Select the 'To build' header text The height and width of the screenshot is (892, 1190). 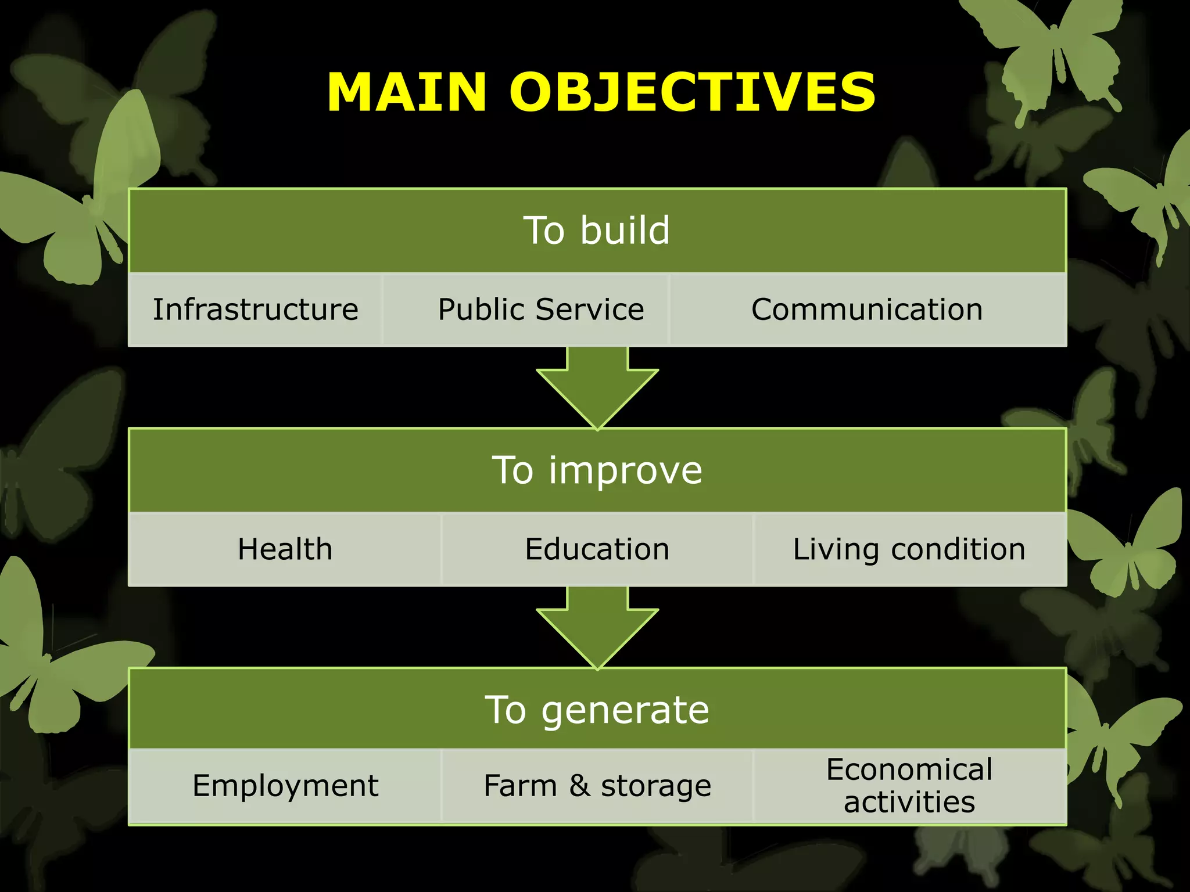click(x=597, y=230)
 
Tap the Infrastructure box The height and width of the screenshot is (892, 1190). click(x=256, y=310)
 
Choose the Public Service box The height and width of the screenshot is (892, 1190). click(x=541, y=310)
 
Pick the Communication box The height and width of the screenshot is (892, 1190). click(x=867, y=310)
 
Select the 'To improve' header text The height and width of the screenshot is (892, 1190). click(x=597, y=470)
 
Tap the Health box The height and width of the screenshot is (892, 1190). click(x=285, y=549)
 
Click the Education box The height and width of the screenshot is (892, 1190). click(x=597, y=549)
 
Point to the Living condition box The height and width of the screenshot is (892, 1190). click(x=909, y=549)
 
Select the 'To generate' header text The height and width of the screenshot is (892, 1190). click(x=597, y=710)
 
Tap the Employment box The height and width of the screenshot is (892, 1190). click(x=285, y=786)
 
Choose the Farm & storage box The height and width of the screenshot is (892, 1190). click(x=597, y=786)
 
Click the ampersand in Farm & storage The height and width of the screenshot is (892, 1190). click(x=579, y=785)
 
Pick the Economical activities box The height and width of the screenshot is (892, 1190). click(x=909, y=786)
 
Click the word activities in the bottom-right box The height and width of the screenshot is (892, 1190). click(x=909, y=803)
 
